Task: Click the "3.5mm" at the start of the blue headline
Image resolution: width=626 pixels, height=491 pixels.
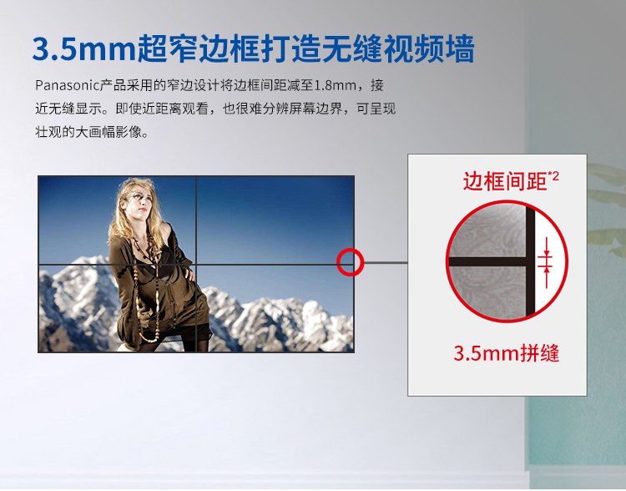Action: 83,49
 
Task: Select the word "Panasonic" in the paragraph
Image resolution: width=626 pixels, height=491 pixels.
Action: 67,85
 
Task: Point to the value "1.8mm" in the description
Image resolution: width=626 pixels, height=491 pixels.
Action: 336,85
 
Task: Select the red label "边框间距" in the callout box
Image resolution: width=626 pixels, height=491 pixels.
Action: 505,181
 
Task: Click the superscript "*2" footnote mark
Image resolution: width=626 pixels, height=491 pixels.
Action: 553,175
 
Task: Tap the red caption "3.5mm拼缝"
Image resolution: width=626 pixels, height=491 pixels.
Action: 507,352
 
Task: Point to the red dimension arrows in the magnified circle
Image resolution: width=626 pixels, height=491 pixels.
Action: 546,263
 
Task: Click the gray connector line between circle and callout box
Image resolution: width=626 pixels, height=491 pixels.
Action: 386,263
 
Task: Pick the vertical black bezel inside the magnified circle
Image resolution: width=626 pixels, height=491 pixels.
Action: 530,262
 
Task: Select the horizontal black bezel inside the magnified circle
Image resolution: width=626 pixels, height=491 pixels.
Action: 487,261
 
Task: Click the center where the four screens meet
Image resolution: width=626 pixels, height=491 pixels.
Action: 196,264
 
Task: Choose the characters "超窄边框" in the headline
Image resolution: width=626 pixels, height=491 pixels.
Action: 199,49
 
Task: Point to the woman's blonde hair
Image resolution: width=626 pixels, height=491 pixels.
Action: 120,212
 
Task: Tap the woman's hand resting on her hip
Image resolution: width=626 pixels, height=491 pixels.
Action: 190,275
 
